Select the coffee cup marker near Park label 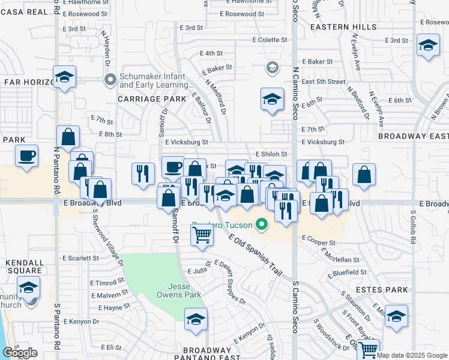26,156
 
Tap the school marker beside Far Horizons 64,77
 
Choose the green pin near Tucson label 261,226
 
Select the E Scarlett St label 80,258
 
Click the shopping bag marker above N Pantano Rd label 68,137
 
